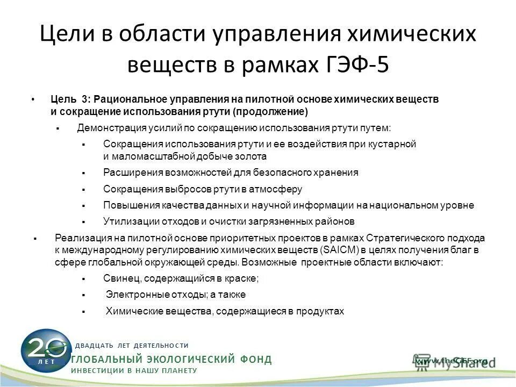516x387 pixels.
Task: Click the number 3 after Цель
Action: point(85,99)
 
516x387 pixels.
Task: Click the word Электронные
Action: point(134,295)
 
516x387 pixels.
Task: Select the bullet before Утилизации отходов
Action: point(84,221)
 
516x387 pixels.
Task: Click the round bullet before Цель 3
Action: point(33,99)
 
